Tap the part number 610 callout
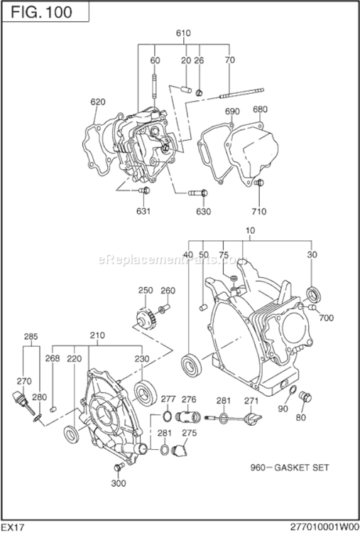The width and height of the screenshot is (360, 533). [183, 33]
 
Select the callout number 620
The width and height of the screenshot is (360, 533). [98, 102]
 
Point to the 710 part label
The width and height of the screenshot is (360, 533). [258, 211]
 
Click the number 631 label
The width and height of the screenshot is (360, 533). [144, 210]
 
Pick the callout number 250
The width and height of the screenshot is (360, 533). [146, 290]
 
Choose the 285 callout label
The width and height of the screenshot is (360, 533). [31, 336]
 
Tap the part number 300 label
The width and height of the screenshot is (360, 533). [119, 483]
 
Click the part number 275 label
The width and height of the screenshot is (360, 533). [189, 433]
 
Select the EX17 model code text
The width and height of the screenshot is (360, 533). [15, 525]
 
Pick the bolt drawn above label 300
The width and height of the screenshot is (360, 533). [118, 466]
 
